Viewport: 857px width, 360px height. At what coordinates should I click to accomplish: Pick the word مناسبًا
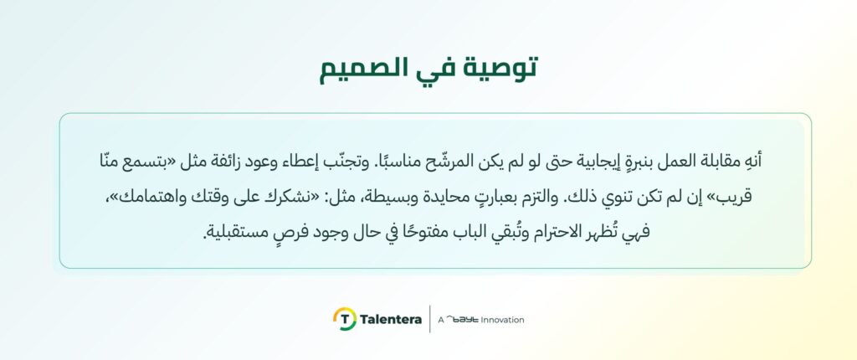click(381, 161)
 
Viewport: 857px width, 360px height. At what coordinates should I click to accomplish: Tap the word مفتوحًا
click(428, 234)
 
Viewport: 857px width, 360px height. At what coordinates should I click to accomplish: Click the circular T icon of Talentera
click(345, 319)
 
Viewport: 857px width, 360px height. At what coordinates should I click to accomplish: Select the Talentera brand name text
click(391, 320)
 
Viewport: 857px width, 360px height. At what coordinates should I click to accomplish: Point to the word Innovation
click(503, 320)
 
